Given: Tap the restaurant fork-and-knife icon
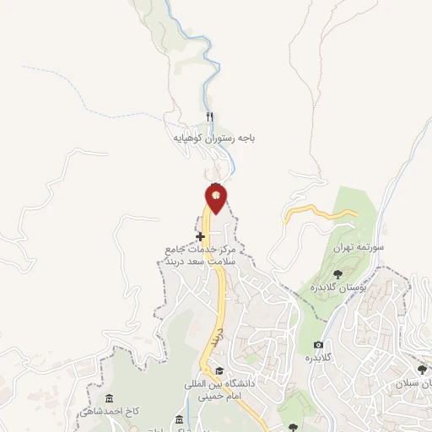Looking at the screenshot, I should tap(210, 117).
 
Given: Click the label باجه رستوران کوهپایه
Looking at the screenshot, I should tap(214, 136).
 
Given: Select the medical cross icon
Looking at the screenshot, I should tap(200, 236).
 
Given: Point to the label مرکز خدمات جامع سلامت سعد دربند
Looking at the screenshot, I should tap(202, 256).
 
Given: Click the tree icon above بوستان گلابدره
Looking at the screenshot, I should tap(338, 273).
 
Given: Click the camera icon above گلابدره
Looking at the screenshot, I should tap(318, 344).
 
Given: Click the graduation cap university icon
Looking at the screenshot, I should tap(220, 370).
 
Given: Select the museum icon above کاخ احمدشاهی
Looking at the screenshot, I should tap(107, 398).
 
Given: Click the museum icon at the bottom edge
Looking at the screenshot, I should tap(178, 420).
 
